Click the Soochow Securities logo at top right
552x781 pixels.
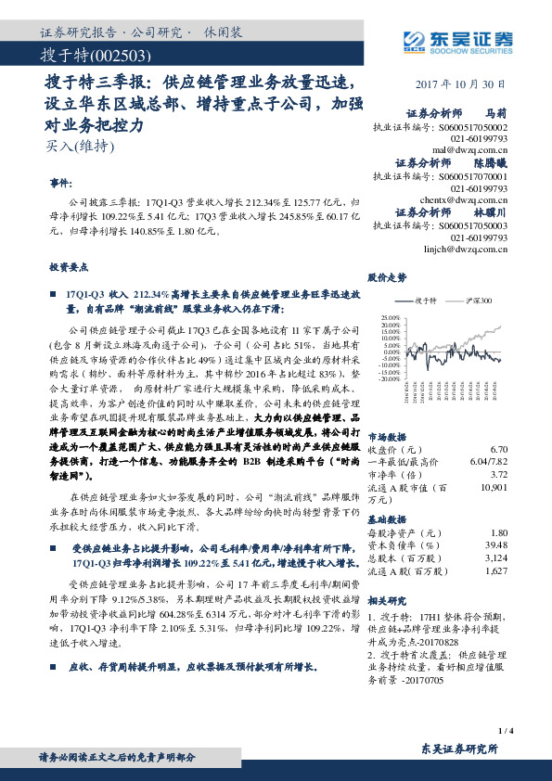457,39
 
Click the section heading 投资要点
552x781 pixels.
68,265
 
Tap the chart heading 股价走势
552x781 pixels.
388,276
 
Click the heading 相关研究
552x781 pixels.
388,601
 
